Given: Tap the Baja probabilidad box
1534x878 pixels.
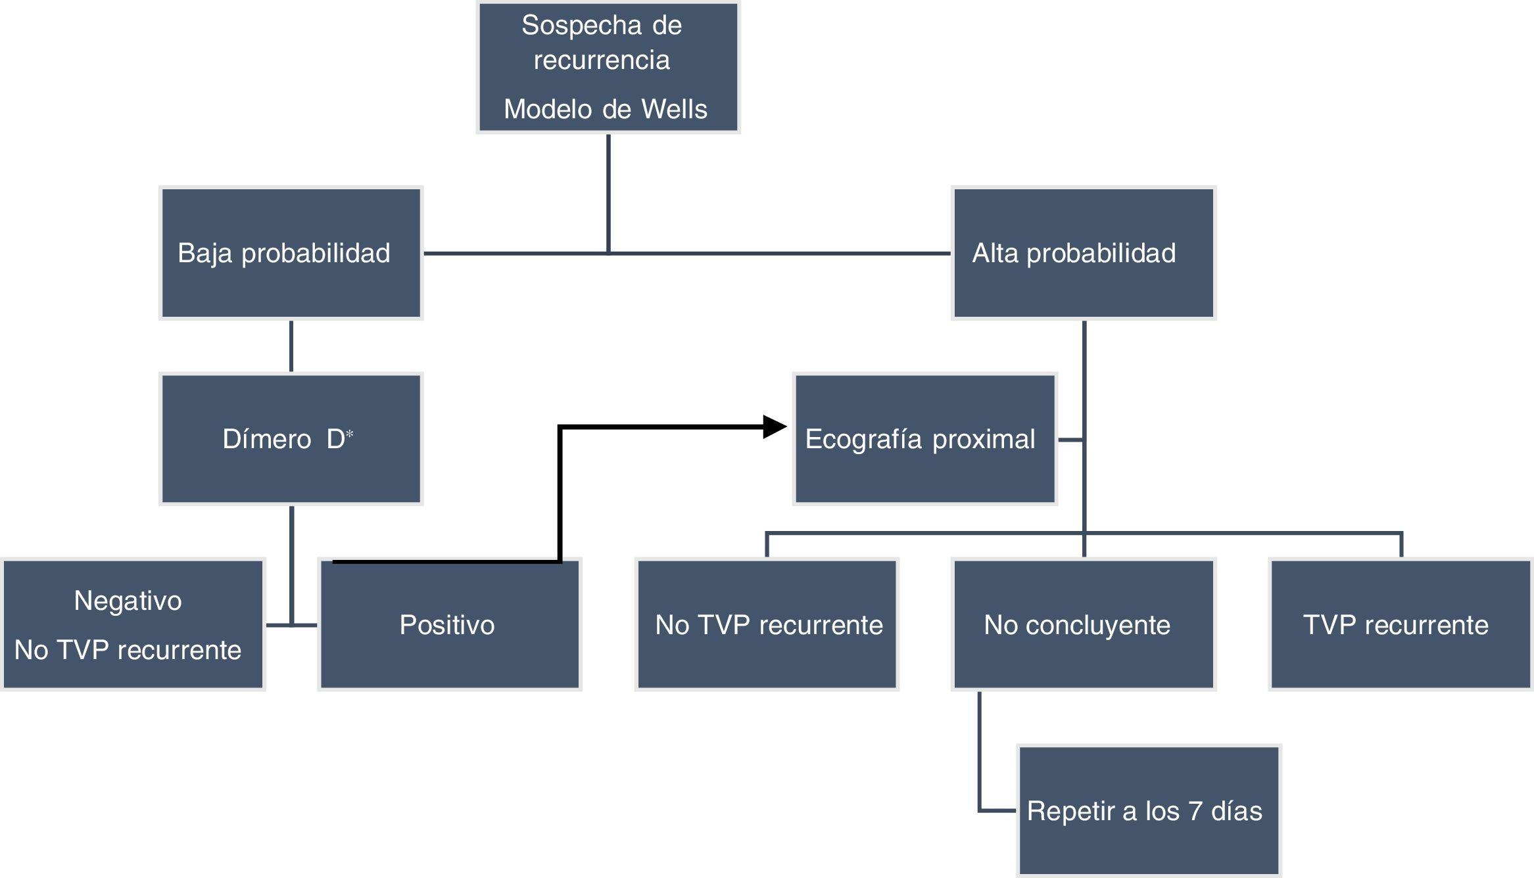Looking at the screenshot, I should (x=291, y=253).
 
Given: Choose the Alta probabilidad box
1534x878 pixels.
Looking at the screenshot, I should (x=1083, y=253).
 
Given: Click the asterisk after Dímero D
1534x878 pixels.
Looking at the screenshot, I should (x=350, y=434).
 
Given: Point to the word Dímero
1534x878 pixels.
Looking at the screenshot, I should (x=266, y=439).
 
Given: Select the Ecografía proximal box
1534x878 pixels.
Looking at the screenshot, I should (x=924, y=439).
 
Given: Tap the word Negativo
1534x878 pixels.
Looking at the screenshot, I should (x=128, y=601).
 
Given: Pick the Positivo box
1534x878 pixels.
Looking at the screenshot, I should (x=449, y=624).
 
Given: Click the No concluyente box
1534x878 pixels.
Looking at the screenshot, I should (x=1083, y=624).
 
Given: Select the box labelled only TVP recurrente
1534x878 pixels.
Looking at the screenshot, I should (x=1401, y=624).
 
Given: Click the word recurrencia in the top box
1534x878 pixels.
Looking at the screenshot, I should (x=602, y=60).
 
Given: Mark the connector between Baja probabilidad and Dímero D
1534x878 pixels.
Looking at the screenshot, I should (x=291, y=346).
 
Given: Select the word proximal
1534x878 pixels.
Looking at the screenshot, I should (x=984, y=439).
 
